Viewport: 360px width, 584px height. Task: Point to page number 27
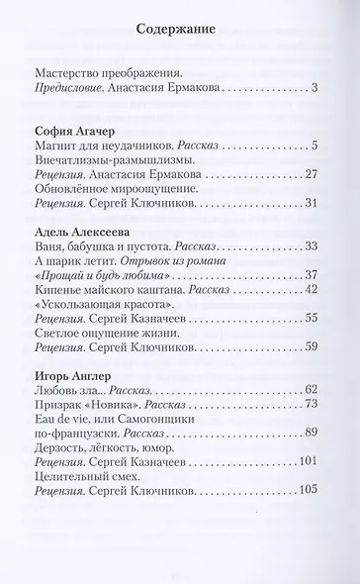(x=308, y=176)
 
